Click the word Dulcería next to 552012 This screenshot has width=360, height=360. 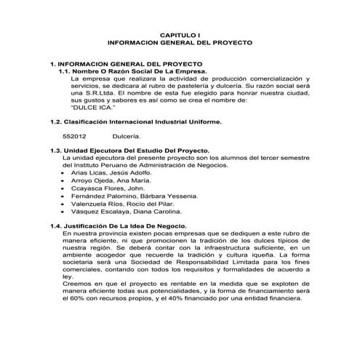tap(127, 135)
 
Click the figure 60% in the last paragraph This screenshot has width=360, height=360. tap(80, 298)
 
